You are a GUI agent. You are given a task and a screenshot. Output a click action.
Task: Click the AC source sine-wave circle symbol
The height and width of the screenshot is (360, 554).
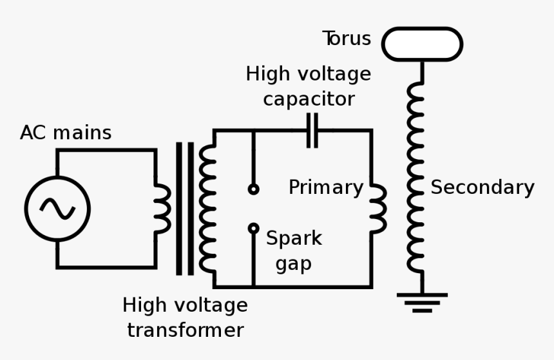pyautogui.click(x=57, y=208)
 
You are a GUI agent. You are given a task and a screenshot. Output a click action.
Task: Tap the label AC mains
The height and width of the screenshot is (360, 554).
pyautogui.click(x=66, y=133)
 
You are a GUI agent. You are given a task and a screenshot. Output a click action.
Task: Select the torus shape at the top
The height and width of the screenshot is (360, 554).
pyautogui.click(x=422, y=44)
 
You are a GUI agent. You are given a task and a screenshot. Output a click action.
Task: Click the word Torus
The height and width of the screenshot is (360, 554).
pyautogui.click(x=347, y=39)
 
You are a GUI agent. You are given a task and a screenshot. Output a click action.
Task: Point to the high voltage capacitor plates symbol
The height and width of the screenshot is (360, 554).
pyautogui.click(x=312, y=130)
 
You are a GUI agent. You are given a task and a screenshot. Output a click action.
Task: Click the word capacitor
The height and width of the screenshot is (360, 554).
pyautogui.click(x=309, y=100)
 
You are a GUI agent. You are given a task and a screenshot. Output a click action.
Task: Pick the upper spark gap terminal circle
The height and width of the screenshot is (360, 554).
pyautogui.click(x=253, y=189)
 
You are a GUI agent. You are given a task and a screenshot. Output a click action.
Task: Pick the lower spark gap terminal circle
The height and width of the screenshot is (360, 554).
pyautogui.click(x=253, y=228)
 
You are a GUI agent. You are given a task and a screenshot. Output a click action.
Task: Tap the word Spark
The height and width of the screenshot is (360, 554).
pyautogui.click(x=294, y=238)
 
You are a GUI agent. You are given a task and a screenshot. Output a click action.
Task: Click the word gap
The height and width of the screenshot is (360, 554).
pyautogui.click(x=294, y=264)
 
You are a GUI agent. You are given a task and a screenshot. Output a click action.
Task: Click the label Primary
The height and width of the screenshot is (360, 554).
pyautogui.click(x=325, y=187)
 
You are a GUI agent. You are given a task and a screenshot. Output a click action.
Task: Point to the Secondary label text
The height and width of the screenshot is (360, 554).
pyautogui.click(x=482, y=187)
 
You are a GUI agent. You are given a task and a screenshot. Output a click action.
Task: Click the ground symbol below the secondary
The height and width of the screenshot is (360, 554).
pyautogui.click(x=422, y=302)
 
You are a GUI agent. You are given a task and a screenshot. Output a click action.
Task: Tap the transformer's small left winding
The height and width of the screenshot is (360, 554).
pyautogui.click(x=162, y=209)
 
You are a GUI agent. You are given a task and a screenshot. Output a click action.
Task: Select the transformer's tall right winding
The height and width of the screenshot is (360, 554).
pyautogui.click(x=207, y=209)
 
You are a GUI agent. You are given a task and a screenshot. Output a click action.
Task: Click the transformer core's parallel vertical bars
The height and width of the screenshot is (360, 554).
pyautogui.click(x=184, y=209)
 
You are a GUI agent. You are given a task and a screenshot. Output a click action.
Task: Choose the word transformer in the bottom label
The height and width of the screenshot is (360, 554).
pyautogui.click(x=186, y=330)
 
